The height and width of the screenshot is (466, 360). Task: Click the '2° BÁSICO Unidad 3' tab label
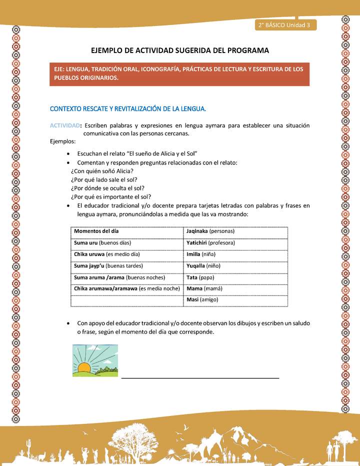pyautogui.click(x=283, y=25)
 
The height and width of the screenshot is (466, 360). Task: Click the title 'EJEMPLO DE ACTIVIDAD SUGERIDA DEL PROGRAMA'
pyautogui.click(x=179, y=50)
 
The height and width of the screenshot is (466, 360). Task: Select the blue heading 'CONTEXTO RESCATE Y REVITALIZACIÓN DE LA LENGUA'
pyautogui.click(x=128, y=108)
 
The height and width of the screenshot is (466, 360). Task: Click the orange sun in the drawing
pyautogui.click(x=84, y=368)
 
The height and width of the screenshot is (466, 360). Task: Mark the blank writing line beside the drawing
pyautogui.click(x=200, y=377)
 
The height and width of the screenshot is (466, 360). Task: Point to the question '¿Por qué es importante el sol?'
pyautogui.click(x=111, y=196)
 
